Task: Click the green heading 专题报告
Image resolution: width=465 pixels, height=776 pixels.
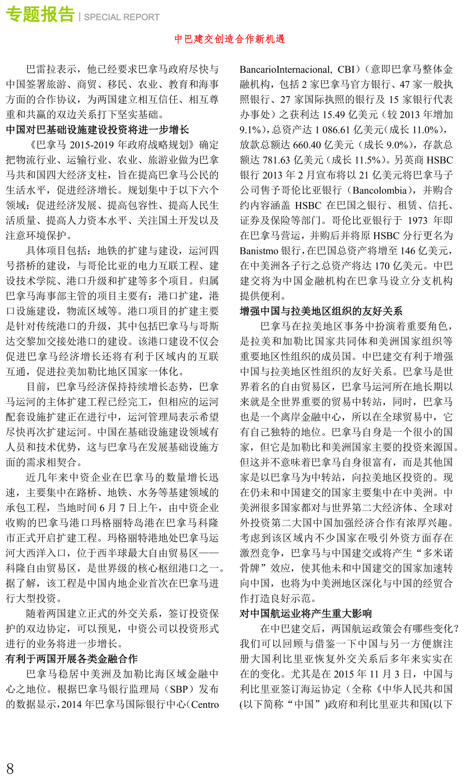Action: click(40, 14)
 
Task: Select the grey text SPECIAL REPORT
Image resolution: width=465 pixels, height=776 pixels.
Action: click(122, 17)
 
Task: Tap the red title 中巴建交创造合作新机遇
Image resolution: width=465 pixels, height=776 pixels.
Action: click(229, 39)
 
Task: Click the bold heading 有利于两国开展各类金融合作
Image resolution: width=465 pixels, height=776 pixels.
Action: click(72, 659)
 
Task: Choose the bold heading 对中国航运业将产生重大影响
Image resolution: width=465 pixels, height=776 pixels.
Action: click(306, 613)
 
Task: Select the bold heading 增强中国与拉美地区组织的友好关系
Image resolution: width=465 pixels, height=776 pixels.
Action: click(321, 311)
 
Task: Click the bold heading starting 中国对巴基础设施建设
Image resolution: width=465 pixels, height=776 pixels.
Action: click(97, 129)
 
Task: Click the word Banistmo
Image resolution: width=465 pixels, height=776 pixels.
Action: click(259, 251)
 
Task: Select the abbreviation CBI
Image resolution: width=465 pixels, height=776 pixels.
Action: click(346, 69)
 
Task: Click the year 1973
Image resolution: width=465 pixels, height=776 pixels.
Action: click(418, 221)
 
